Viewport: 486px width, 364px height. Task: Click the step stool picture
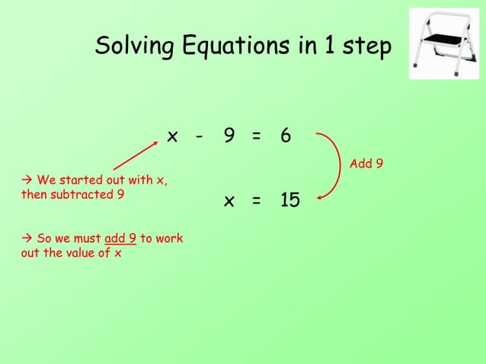tap(443, 43)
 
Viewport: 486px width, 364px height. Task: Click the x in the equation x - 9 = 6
tap(173, 136)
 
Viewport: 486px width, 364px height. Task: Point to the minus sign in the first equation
tap(199, 137)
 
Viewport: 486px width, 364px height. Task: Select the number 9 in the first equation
tap(229, 136)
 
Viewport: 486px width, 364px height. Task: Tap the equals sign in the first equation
tap(257, 137)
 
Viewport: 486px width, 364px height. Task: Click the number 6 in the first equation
tap(285, 136)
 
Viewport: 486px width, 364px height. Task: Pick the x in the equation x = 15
tap(229, 201)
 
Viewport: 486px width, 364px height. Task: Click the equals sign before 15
tap(257, 202)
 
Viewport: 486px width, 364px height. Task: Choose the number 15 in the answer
tap(289, 200)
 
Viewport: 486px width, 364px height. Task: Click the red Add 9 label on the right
tap(366, 164)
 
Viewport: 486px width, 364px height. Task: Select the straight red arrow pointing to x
tap(139, 155)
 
